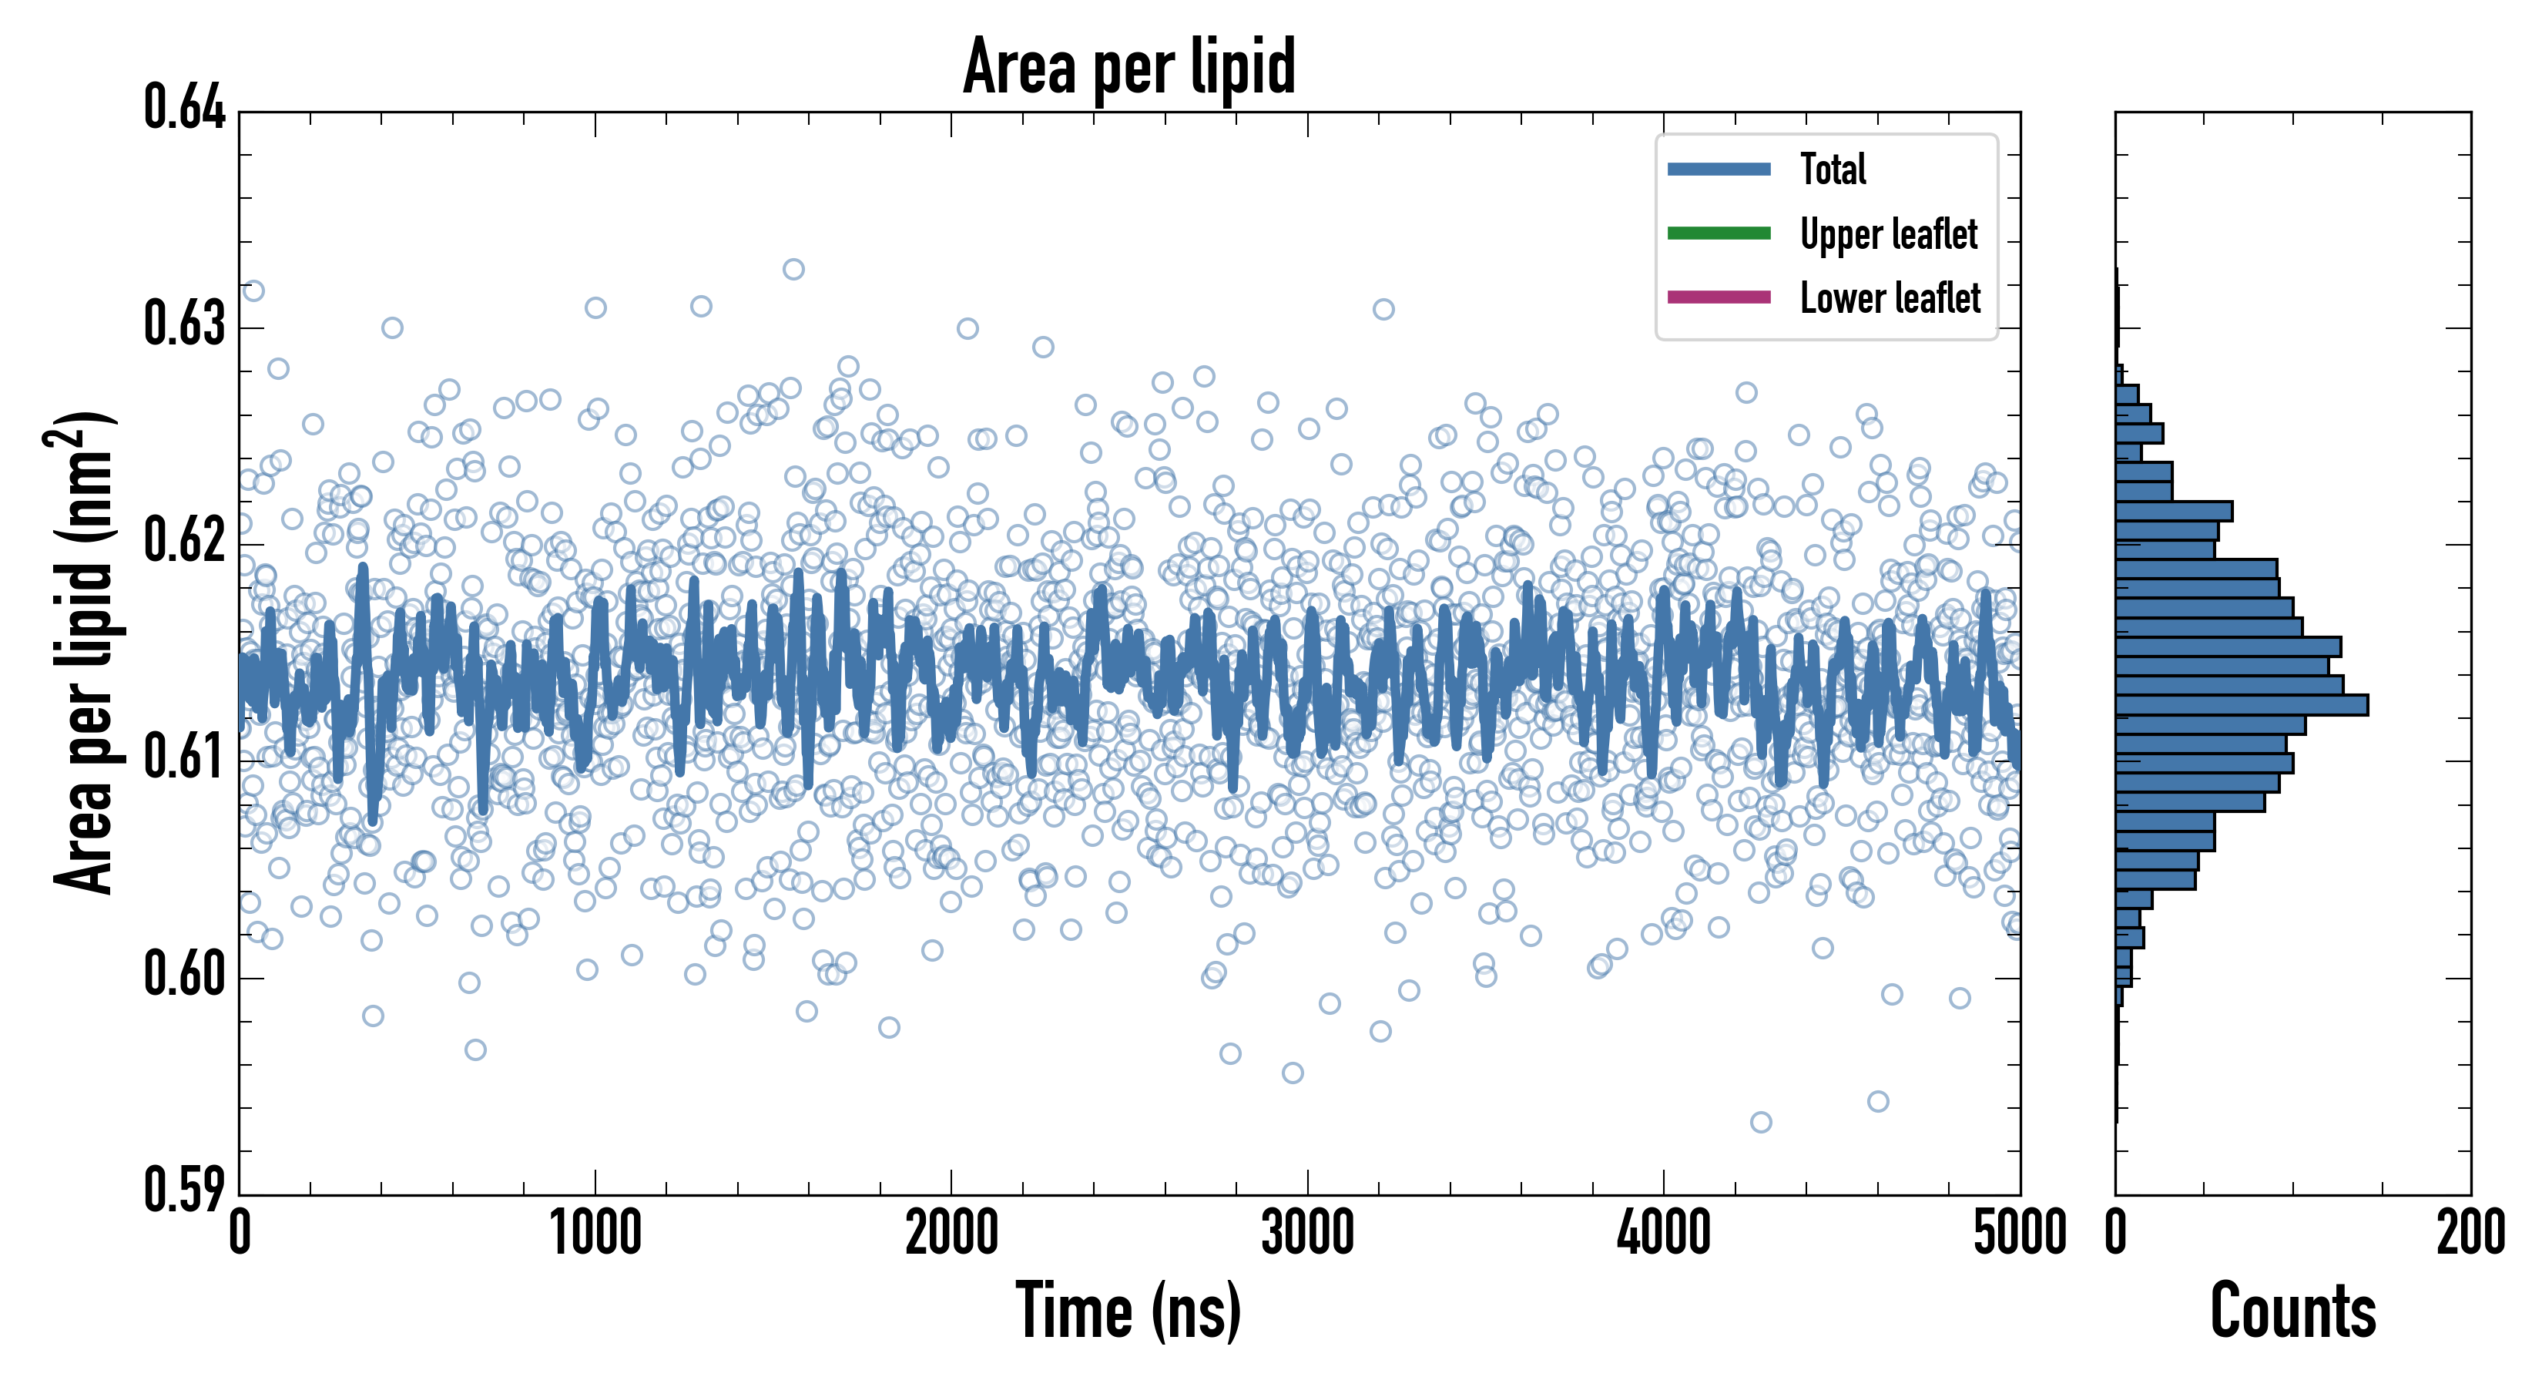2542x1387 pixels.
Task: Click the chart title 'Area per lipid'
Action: point(1129,66)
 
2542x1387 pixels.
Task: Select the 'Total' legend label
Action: point(1833,169)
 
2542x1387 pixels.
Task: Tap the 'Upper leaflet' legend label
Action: point(1888,234)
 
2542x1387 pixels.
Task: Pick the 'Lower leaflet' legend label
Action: point(1890,298)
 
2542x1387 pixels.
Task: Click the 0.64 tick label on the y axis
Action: point(185,108)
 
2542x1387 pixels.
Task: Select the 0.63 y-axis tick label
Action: point(185,324)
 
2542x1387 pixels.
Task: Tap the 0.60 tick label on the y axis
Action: point(185,974)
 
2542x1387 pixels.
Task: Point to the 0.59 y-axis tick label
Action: point(185,1190)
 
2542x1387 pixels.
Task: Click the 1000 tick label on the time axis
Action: point(595,1234)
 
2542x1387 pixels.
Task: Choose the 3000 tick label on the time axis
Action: point(1307,1234)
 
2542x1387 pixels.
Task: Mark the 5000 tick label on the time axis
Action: point(2019,1234)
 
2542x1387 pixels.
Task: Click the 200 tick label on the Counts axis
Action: point(2470,1234)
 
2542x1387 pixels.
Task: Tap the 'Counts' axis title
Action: point(2292,1311)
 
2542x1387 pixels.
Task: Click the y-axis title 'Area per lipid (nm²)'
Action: point(84,652)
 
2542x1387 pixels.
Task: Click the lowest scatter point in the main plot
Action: point(1760,1121)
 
